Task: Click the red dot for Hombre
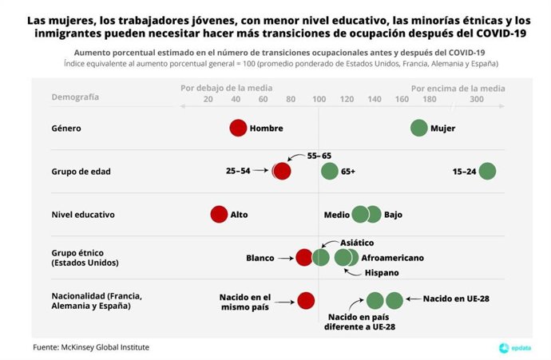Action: (x=238, y=128)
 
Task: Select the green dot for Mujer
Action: (x=418, y=128)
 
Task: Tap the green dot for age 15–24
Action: (x=487, y=171)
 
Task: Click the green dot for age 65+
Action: (x=329, y=171)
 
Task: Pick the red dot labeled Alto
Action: (x=219, y=214)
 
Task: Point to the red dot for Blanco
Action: (x=303, y=257)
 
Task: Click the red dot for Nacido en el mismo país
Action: (x=306, y=300)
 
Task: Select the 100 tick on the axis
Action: (x=319, y=99)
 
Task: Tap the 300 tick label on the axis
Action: (x=477, y=99)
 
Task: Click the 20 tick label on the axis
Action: (x=208, y=99)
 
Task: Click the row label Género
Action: (x=66, y=128)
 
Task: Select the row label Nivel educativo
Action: (x=83, y=214)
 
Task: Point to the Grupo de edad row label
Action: (x=80, y=171)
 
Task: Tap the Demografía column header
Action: (x=75, y=97)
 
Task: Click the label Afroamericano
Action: (x=393, y=258)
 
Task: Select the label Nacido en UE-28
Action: (x=455, y=298)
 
